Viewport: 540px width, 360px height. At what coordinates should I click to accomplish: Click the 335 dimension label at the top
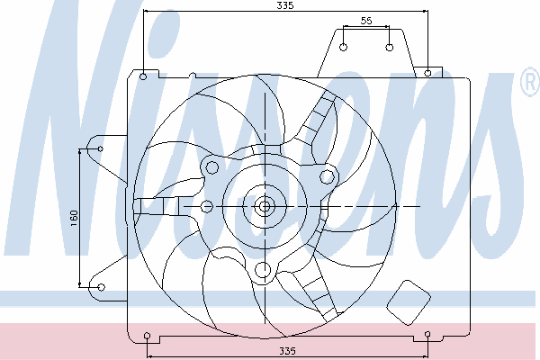(x=285, y=5)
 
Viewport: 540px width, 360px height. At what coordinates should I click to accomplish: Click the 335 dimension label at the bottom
(x=287, y=351)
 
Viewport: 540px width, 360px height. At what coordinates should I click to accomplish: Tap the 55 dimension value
(x=366, y=21)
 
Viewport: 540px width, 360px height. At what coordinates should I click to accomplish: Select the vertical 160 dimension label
(x=74, y=218)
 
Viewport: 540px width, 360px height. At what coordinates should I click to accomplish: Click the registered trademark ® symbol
(x=530, y=82)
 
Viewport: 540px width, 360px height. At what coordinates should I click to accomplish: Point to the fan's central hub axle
(x=265, y=206)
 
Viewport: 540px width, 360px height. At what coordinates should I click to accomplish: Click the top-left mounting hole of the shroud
(x=143, y=76)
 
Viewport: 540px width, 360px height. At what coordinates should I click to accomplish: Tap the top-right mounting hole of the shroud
(x=427, y=73)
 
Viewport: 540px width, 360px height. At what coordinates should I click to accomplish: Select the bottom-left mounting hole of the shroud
(x=147, y=336)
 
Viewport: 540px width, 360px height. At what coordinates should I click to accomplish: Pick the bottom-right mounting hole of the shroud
(x=427, y=334)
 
